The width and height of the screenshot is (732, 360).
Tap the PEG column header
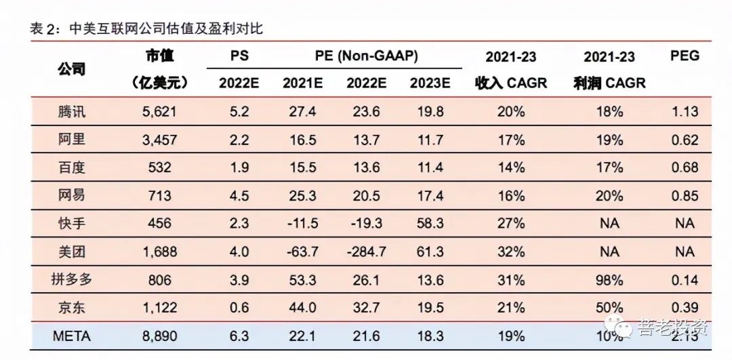point(685,56)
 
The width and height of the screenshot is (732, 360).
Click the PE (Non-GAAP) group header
point(366,56)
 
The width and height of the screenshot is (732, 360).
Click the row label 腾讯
point(72,111)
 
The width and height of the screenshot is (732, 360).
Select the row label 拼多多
point(72,279)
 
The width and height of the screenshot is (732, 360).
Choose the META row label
point(72,336)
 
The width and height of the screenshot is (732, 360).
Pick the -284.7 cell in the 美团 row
point(366,252)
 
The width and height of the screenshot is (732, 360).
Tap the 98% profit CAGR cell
point(609,279)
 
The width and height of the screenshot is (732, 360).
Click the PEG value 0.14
point(685,279)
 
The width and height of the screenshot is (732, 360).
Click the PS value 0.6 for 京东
point(239,308)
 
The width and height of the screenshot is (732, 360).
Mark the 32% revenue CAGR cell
point(510,252)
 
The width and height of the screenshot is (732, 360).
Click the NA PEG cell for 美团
point(685,252)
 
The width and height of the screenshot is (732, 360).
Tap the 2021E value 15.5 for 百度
point(303,167)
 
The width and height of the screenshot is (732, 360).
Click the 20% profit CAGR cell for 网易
point(609,196)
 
